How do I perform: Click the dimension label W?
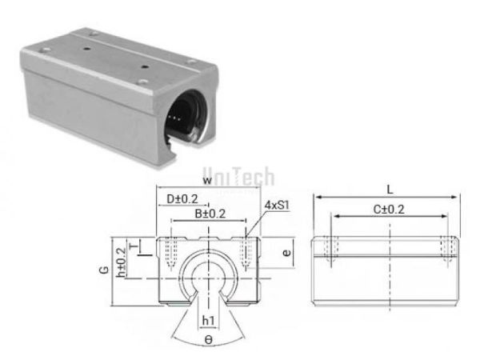pos(208,182)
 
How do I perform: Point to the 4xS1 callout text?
pos(276,206)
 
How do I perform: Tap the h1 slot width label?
pos(208,322)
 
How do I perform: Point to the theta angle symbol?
pos(208,339)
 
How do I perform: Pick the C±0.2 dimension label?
pos(390,210)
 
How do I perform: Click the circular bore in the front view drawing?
pos(208,276)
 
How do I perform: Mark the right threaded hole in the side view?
pos(450,249)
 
